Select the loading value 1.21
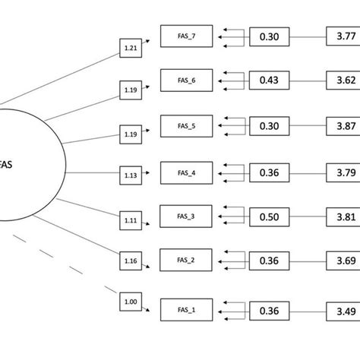131,49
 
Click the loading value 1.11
131,220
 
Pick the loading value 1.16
131,262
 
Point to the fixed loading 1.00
131,303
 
